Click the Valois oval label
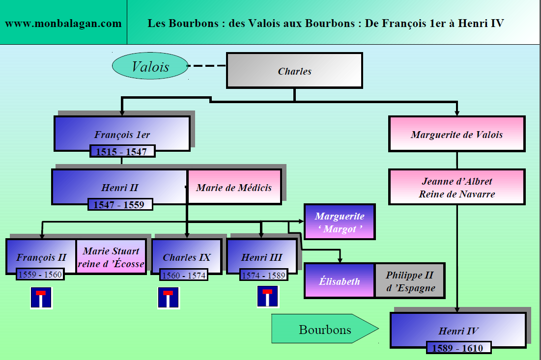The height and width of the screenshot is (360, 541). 150,67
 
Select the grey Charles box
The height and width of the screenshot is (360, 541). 294,71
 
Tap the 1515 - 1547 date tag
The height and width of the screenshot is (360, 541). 122,151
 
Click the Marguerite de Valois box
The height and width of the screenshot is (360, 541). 456,134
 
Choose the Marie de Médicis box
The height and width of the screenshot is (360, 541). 234,187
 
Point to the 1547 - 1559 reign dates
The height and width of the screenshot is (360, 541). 120,204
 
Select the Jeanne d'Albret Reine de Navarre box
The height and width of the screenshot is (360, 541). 456,187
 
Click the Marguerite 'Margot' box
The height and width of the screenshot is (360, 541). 340,222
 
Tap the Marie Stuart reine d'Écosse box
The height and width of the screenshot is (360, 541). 111,257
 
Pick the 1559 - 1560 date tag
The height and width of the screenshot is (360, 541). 40,275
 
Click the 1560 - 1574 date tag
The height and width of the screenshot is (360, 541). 184,276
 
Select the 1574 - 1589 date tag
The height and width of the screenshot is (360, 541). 263,276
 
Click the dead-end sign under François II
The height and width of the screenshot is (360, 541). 41,298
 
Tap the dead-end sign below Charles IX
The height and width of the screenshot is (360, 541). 168,298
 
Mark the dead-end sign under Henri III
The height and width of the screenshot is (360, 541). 267,297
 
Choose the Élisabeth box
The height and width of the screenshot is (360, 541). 339,281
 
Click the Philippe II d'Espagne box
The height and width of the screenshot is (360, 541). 409,281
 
